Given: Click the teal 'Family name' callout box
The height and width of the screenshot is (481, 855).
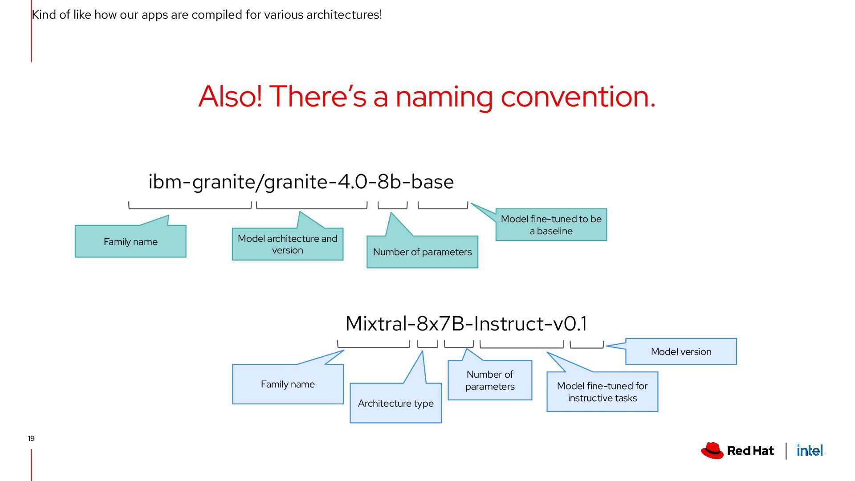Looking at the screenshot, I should tap(130, 241).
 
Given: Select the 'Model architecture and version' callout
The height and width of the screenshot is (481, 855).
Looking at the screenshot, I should tap(287, 244).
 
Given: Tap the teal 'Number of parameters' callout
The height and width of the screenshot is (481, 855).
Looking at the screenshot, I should tap(422, 252).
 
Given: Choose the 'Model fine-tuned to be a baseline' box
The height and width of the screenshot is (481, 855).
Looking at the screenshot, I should tap(551, 224).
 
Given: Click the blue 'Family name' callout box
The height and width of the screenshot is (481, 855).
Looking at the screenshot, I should tap(288, 384).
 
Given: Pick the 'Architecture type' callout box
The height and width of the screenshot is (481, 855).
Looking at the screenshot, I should tap(395, 403).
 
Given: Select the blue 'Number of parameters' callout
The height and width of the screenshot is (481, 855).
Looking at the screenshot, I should tap(490, 380).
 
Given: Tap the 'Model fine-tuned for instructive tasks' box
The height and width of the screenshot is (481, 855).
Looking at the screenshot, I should tap(602, 391).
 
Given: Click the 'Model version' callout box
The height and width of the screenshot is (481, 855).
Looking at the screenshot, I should tap(681, 351).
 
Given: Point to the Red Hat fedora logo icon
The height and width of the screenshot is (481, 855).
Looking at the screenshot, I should tap(712, 451).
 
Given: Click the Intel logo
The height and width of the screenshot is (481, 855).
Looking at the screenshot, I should tap(810, 451).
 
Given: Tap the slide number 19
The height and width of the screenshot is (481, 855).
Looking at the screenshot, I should tap(31, 438).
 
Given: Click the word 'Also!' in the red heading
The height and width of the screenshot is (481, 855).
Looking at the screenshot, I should tap(230, 96).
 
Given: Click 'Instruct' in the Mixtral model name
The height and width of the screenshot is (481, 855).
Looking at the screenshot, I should tap(509, 324).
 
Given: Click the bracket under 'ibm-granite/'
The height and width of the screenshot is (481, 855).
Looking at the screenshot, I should tap(190, 206).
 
